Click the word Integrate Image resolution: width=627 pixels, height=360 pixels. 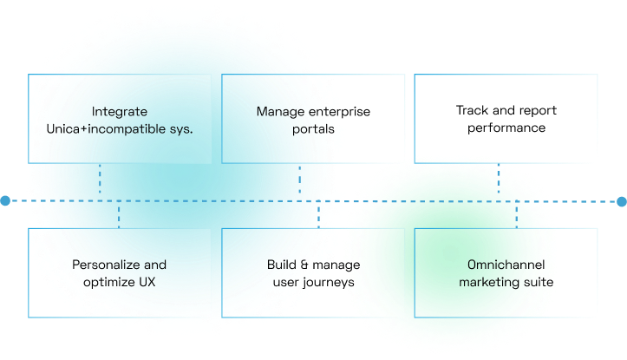[120, 112]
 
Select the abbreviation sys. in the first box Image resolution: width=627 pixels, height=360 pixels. [180, 129]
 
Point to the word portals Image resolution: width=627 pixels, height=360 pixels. [313, 129]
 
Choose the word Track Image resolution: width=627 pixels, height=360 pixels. [472, 111]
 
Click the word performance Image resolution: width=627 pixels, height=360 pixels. [506, 128]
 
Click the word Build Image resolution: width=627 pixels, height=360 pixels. [282, 265]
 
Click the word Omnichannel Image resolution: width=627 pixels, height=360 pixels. [506, 265]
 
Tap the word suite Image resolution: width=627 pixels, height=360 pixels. [538, 282]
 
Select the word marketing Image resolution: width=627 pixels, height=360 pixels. [489, 282]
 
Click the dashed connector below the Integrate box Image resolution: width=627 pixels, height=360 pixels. [100, 180]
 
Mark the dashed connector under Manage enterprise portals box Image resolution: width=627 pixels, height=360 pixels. [299, 180]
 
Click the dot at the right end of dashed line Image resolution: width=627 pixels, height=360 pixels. [622, 201]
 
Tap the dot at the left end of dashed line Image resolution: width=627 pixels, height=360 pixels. [3, 201]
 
